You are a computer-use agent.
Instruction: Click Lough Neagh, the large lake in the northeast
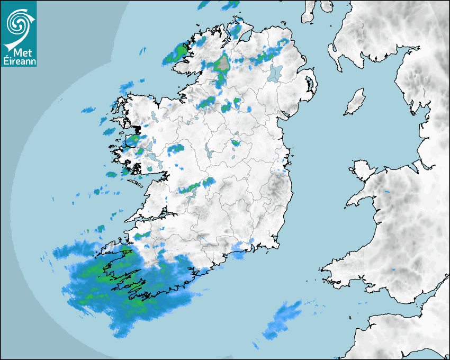275,73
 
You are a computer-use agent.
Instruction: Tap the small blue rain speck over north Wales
386,190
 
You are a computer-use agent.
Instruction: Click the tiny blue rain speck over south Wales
394,269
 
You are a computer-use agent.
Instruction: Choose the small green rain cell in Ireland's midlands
235,142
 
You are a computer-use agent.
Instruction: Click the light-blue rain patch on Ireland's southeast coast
241,249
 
